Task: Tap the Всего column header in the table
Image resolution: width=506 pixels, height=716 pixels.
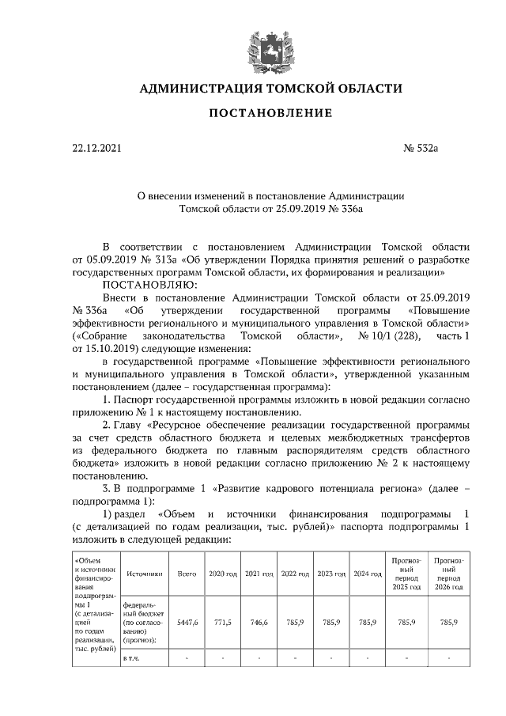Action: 187,573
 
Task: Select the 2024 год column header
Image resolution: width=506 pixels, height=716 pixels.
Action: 367,573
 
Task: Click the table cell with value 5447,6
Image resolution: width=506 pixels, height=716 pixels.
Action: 187,622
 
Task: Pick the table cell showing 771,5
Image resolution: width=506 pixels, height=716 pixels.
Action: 222,622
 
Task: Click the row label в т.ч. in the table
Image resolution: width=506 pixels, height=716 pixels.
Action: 132,658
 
